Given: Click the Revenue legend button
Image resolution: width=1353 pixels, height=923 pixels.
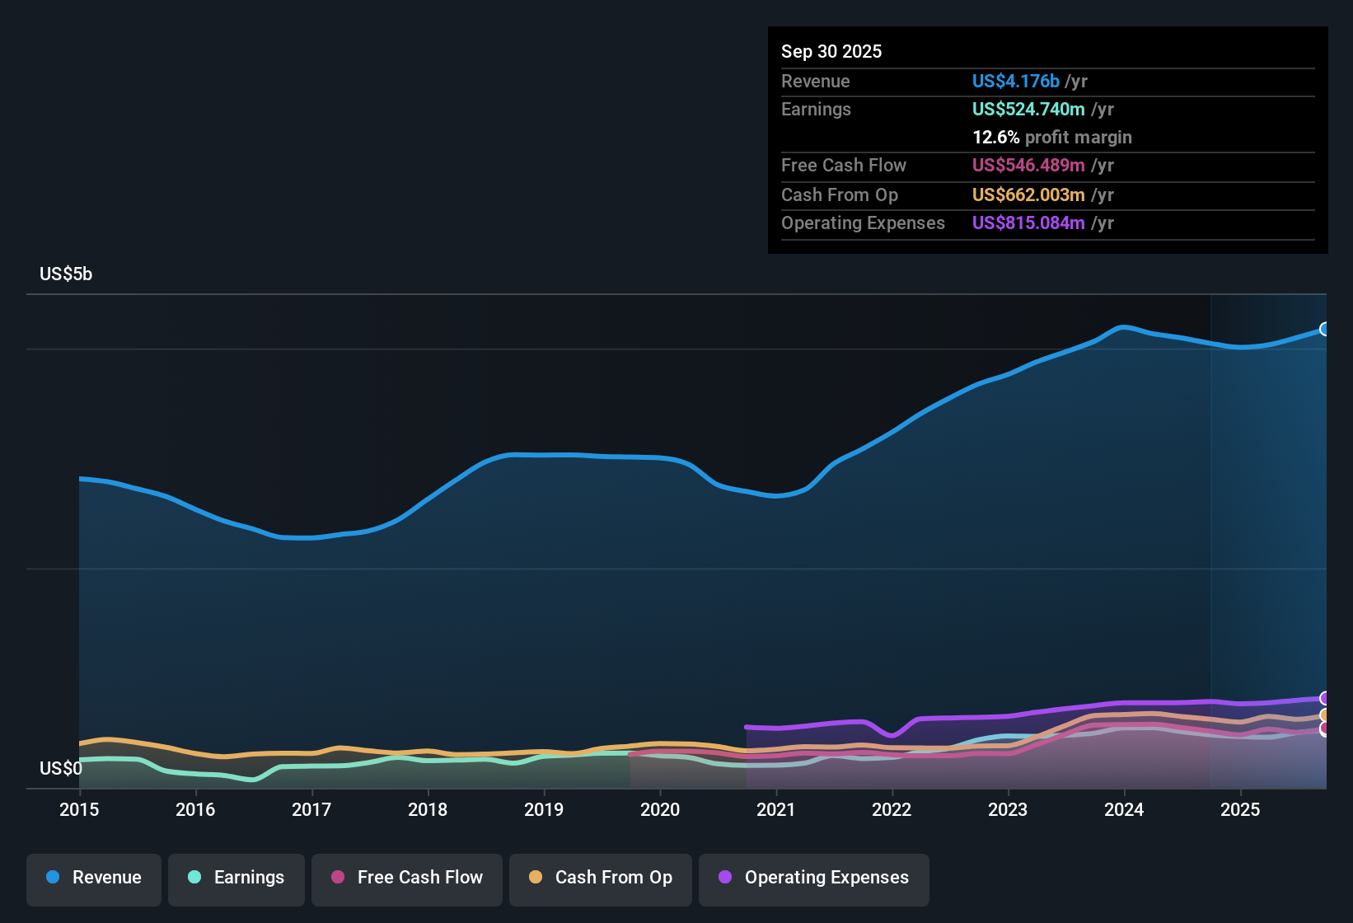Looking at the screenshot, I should [x=94, y=878].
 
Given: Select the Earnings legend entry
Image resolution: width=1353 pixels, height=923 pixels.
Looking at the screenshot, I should [x=236, y=878].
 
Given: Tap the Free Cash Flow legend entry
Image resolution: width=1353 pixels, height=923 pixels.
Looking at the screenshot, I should [x=407, y=878].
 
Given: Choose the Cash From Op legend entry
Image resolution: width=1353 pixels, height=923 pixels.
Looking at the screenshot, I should [x=601, y=878].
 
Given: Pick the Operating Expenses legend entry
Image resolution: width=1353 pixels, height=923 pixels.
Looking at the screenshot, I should [x=814, y=878].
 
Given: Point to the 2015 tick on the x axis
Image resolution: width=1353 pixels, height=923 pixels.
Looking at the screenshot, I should [x=79, y=809].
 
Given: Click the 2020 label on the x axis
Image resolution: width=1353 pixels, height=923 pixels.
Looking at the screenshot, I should [x=660, y=809].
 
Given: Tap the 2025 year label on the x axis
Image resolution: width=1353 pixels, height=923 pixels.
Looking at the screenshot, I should [x=1240, y=809].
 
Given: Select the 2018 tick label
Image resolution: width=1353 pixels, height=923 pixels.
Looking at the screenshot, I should [x=428, y=809].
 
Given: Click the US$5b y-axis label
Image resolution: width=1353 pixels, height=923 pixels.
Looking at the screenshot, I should [x=66, y=274].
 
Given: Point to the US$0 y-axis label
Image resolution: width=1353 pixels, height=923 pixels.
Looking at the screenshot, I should [x=61, y=768].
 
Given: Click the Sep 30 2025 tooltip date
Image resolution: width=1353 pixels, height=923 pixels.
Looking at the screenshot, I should [x=831, y=51].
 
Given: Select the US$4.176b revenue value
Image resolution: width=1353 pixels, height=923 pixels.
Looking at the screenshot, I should [x=1015, y=81].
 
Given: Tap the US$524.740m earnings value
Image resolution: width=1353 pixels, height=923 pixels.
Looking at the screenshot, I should [x=1028, y=109].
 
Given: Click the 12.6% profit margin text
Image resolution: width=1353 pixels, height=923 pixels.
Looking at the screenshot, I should [x=1051, y=137].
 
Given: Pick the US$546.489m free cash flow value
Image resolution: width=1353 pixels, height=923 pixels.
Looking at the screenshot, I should [x=1028, y=165].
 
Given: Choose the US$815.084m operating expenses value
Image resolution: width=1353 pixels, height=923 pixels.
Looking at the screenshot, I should [x=1028, y=223].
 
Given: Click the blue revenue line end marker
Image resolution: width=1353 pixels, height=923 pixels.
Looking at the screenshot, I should [x=1325, y=329].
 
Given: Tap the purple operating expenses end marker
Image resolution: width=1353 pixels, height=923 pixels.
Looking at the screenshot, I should [x=1325, y=699].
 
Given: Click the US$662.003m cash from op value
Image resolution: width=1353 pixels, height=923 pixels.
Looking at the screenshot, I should [x=1028, y=194].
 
